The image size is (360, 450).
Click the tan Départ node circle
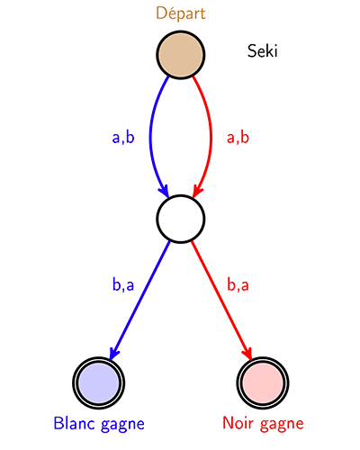coord(181,55)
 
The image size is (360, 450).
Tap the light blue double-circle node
coord(98,382)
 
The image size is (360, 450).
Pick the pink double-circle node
coord(263,382)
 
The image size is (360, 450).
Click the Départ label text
coord(181,13)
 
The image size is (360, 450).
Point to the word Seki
coord(263,51)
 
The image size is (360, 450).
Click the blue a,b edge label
coord(123,138)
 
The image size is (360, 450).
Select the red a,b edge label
coord(238,138)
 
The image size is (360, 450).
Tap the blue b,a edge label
coord(123,284)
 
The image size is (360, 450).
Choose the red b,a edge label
coord(238,284)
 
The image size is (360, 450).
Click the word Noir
coord(238,423)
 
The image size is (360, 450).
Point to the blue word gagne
coord(122,425)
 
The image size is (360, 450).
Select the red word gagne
coord(282,425)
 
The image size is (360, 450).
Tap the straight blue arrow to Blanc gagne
coord(139,300)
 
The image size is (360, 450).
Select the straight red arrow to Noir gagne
coord(221,300)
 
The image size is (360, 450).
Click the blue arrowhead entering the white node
coord(164,190)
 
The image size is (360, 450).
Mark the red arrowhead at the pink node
coord(247,353)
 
